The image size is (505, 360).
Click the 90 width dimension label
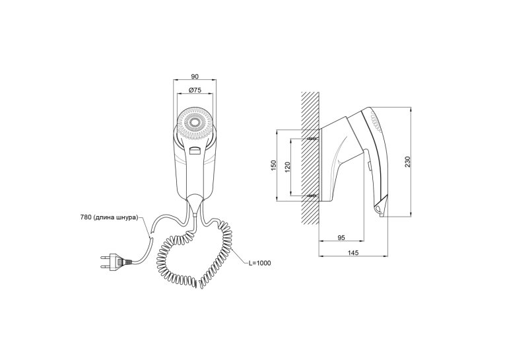pyautogui.click(x=195, y=77)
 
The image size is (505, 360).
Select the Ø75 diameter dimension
pyautogui.click(x=195, y=90)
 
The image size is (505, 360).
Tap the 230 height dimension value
pyautogui.click(x=408, y=162)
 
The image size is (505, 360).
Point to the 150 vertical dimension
pyautogui.click(x=273, y=165)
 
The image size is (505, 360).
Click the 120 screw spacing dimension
pyautogui.click(x=288, y=166)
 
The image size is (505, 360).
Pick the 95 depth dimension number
pyautogui.click(x=341, y=238)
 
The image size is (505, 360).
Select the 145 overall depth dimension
pyautogui.click(x=353, y=253)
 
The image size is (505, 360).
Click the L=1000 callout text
pyautogui.click(x=259, y=263)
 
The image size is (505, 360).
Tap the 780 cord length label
pyautogui.click(x=109, y=217)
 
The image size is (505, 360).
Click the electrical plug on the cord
pyautogui.click(x=117, y=262)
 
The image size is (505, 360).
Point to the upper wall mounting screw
pyautogui.click(x=313, y=139)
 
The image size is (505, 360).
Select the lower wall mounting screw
pyautogui.click(x=313, y=196)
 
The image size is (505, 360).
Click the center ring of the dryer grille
pyautogui.click(x=195, y=123)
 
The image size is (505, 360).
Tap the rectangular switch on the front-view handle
pyautogui.click(x=195, y=151)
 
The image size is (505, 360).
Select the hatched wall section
pyautogui.click(x=310, y=158)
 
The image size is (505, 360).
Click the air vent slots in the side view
pyautogui.click(x=376, y=123)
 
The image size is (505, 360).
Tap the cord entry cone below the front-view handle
pyautogui.click(x=195, y=203)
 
